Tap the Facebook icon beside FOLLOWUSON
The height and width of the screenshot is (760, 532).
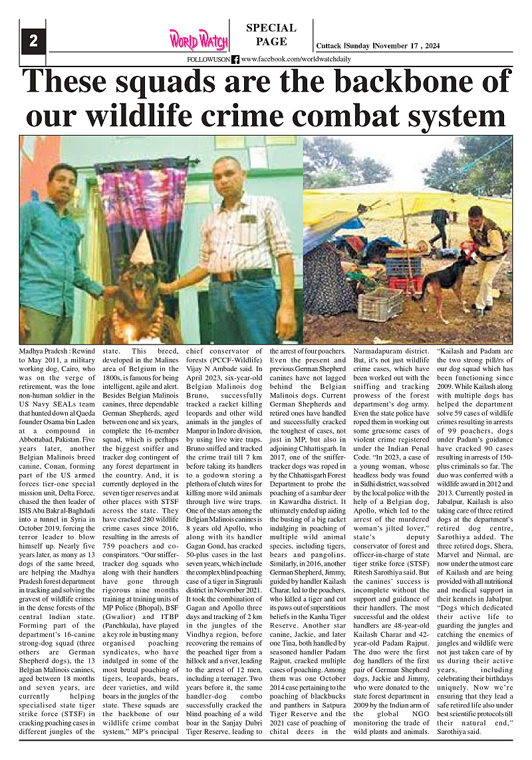pos(235,60)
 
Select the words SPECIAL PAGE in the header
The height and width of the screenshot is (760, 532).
pos(271,35)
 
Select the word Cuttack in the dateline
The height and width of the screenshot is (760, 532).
pos(329,46)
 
